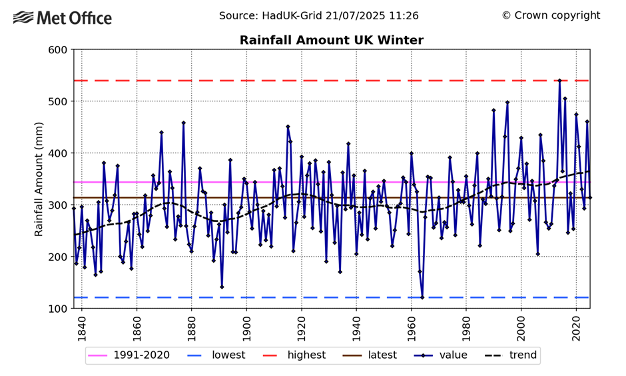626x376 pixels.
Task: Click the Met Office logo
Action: pyautogui.click(x=63, y=18)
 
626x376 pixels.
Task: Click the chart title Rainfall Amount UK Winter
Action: pyautogui.click(x=331, y=41)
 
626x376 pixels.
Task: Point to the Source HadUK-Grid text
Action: pyautogui.click(x=318, y=15)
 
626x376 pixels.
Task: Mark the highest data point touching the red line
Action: pyautogui.click(x=559, y=81)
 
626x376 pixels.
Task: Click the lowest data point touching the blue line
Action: pyautogui.click(x=422, y=297)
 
